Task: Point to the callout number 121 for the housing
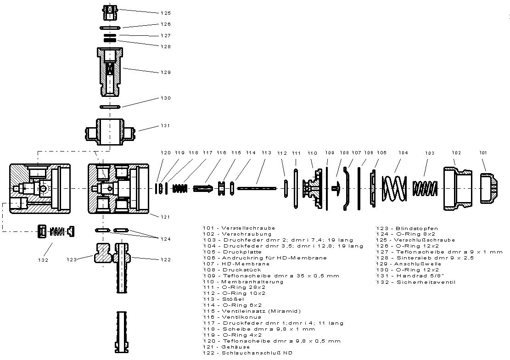(166, 216)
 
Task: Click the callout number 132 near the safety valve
(43, 260)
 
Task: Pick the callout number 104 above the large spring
(403, 152)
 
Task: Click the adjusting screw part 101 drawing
(489, 188)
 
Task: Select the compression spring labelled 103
(424, 188)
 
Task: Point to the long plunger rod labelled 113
(257, 187)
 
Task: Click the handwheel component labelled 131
(110, 132)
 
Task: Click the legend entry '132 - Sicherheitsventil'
(415, 282)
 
